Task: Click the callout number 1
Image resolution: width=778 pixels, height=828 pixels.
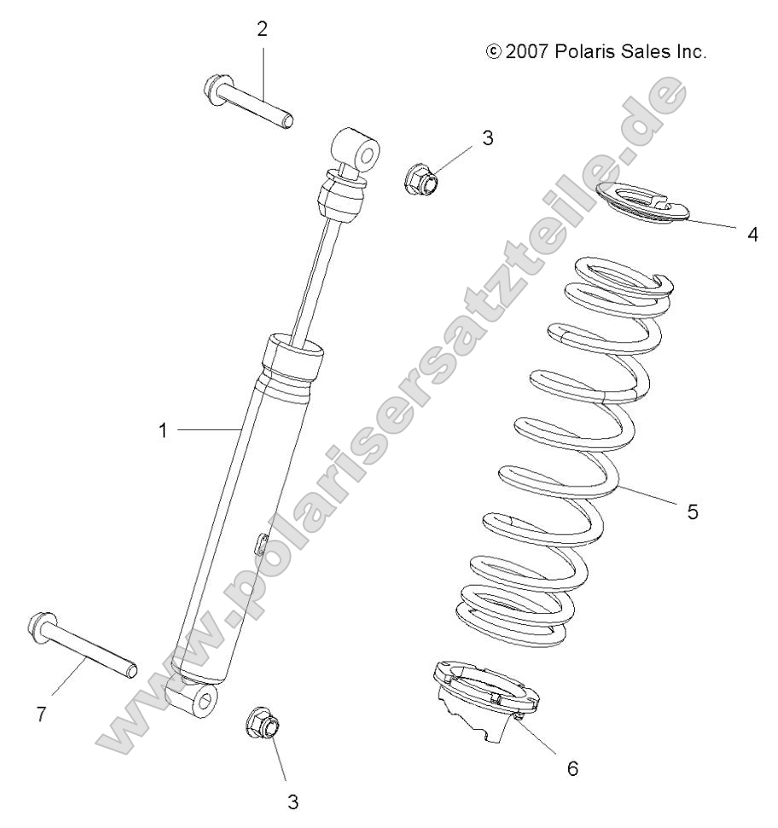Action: pos(162,431)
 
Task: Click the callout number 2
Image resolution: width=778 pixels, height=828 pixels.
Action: pos(262,29)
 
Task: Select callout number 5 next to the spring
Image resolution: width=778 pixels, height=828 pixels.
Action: pos(692,512)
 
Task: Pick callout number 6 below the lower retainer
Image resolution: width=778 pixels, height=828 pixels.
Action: pos(572,767)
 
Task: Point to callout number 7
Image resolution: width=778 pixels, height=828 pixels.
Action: pos(40,714)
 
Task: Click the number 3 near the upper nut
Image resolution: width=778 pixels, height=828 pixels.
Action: pos(511,138)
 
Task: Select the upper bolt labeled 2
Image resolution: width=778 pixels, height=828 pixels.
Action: pos(248,102)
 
